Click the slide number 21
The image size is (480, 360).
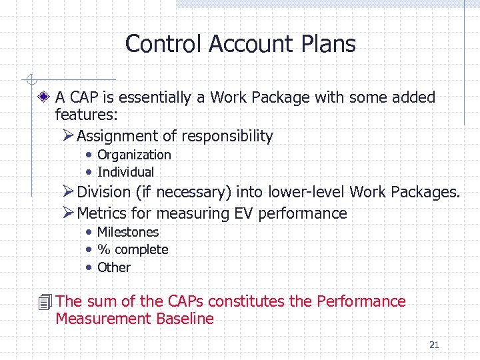point(434,345)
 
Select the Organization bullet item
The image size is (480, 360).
point(134,155)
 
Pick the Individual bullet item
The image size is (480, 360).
point(125,172)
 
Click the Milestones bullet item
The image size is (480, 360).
point(128,232)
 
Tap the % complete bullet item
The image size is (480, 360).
point(133,249)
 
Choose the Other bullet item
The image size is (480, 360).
point(114,267)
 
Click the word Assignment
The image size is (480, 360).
point(117,137)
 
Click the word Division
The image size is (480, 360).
point(103,193)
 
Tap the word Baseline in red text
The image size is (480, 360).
point(185,319)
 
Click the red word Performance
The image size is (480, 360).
point(361,301)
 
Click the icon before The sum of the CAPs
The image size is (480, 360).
point(45,302)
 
